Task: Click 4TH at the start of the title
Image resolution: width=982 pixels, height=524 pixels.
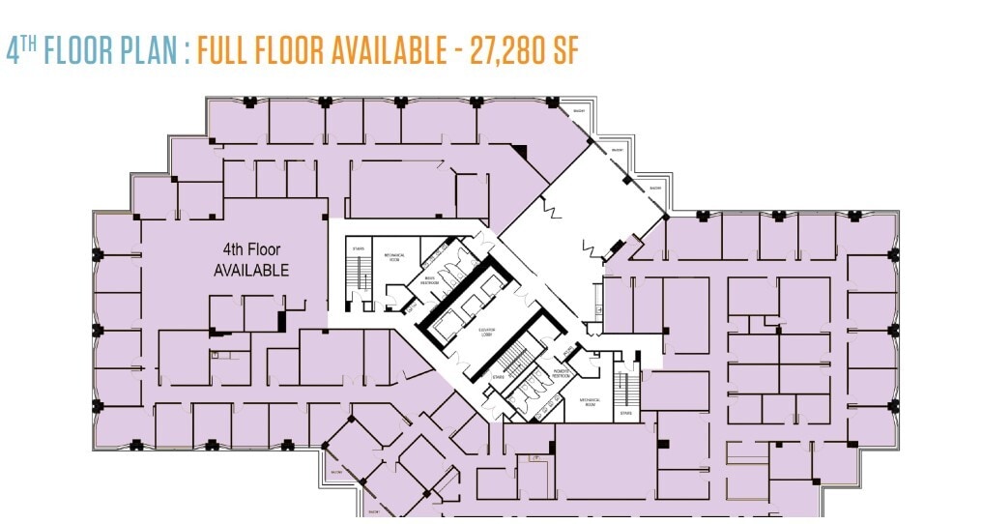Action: point(20,50)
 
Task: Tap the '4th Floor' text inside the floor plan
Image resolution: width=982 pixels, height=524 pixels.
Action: point(250,250)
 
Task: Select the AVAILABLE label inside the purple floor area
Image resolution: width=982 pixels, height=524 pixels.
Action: point(250,271)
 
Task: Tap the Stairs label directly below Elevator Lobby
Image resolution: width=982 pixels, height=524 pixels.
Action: point(498,376)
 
